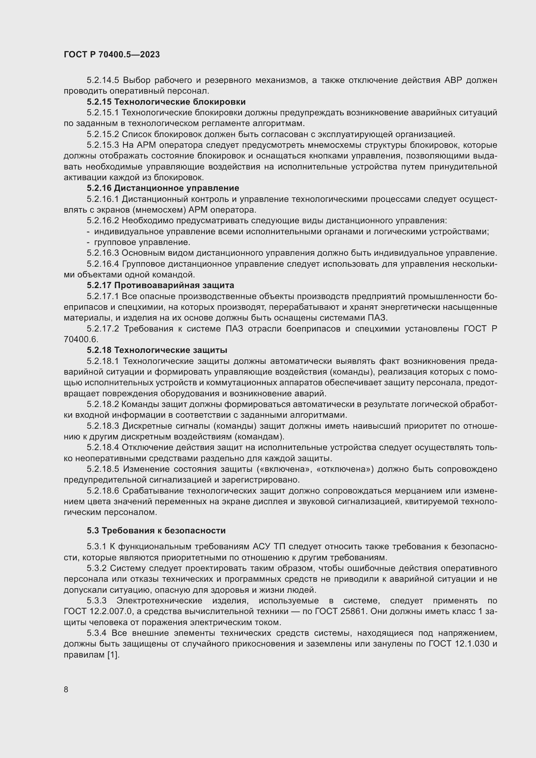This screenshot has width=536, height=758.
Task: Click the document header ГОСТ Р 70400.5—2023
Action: pyautogui.click(x=111, y=54)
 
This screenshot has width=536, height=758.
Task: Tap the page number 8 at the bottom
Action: pyautogui.click(x=66, y=689)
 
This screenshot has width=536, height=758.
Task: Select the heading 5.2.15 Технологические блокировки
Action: pyautogui.click(x=166, y=102)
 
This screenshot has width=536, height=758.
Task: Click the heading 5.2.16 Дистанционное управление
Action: pyautogui.click(x=163, y=188)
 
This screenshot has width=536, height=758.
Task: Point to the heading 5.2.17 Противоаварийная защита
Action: pyautogui.click(x=160, y=285)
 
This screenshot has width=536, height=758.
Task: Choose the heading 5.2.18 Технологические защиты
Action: pyautogui.click(x=157, y=350)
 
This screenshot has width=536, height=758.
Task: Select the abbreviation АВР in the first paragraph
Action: pyautogui.click(x=451, y=80)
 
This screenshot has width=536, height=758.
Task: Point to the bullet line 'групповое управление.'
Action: pyautogui.click(x=142, y=242)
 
